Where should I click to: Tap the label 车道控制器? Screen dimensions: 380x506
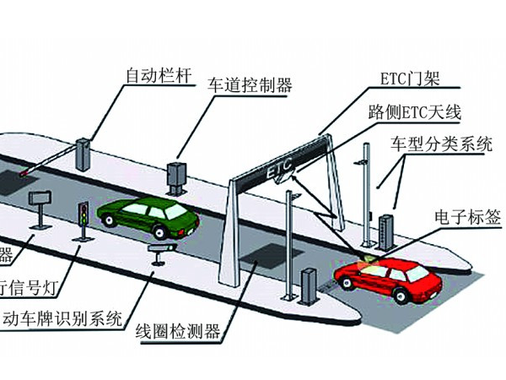tap(250, 84)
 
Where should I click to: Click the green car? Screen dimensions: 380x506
tap(149, 218)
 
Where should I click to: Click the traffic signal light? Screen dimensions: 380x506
tap(83, 214)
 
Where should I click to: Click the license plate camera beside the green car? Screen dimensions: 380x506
tap(161, 249)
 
